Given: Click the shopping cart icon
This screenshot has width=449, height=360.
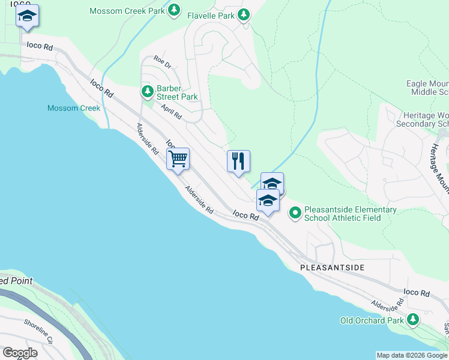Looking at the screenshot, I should [x=178, y=160].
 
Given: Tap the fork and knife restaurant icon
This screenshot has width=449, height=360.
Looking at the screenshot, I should [x=238, y=161].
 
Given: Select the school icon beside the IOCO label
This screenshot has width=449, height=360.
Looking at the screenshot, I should [x=27, y=16].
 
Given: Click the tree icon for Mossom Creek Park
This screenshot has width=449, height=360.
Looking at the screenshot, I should [x=173, y=10].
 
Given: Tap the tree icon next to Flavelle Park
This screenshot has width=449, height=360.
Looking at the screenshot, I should [x=244, y=15].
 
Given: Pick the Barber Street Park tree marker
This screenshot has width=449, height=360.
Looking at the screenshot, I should [x=147, y=92].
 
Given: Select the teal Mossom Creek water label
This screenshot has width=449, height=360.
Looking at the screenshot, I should [x=74, y=108].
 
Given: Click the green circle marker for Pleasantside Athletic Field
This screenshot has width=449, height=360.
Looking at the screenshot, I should [x=295, y=213].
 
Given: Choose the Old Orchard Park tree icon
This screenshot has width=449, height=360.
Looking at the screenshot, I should [x=412, y=320].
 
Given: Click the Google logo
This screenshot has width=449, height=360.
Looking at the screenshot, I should [x=20, y=353].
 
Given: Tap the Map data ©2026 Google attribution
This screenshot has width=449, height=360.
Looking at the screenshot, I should [x=412, y=355].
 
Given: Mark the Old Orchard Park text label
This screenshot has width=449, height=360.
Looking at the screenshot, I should [x=372, y=320].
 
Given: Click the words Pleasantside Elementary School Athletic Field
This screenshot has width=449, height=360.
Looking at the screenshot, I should [x=351, y=214].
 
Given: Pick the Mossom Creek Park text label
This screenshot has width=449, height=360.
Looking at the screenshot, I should [x=127, y=11].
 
